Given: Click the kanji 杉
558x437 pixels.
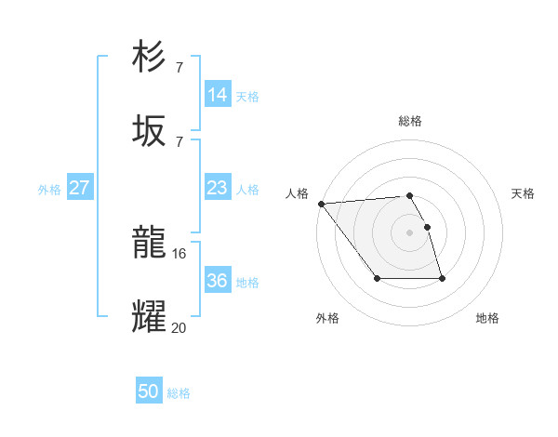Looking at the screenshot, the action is click(x=149, y=57).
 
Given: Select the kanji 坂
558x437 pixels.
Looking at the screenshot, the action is click(x=149, y=131).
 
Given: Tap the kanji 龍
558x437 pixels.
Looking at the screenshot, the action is click(x=149, y=245).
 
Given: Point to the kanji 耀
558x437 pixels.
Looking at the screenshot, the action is click(x=149, y=317).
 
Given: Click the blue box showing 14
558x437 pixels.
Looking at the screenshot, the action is click(x=217, y=95).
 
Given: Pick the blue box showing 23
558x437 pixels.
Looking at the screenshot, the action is click(x=217, y=188).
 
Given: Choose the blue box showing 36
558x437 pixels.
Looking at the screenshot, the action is click(x=217, y=281).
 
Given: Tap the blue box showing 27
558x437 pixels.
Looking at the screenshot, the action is click(x=79, y=188).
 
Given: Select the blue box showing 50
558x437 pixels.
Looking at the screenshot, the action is click(x=148, y=391).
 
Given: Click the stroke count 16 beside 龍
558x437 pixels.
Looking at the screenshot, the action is click(x=179, y=253).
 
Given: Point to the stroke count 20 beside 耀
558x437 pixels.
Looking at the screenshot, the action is click(x=179, y=326).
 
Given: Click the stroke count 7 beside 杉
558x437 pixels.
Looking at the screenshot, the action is click(x=179, y=67).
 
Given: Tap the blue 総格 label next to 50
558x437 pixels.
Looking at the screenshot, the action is click(x=179, y=393).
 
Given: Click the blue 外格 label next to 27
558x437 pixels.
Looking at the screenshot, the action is click(x=49, y=190).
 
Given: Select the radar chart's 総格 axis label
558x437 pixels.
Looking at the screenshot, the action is click(x=410, y=121).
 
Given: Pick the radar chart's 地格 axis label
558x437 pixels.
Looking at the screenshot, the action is click(x=487, y=318).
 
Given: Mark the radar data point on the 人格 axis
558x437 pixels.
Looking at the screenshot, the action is click(x=320, y=204).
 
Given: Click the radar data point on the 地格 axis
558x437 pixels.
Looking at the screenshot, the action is click(x=442, y=279).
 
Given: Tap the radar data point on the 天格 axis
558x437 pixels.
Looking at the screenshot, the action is click(x=427, y=227).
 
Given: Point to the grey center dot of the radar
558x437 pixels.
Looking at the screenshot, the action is click(x=410, y=232).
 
